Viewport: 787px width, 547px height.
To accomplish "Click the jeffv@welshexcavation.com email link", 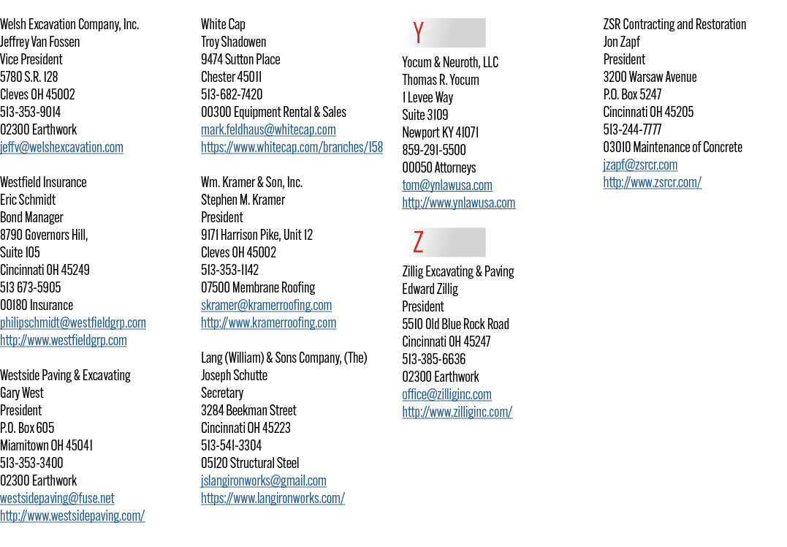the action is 61,147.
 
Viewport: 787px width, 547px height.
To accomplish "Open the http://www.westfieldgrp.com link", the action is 64,340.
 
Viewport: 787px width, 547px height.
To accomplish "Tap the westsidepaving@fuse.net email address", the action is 57,498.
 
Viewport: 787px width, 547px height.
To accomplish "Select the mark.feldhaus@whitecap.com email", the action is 268,129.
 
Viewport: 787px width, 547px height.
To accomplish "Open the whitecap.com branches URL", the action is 292,147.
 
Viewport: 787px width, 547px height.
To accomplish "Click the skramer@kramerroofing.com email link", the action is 267,305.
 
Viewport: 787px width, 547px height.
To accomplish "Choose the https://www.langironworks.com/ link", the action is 273,498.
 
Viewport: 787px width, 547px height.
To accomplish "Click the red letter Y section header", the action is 419,33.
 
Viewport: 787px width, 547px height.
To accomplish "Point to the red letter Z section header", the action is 419,242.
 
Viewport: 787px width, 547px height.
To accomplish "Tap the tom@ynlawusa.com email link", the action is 447,185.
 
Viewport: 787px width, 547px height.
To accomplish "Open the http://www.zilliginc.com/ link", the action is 457,412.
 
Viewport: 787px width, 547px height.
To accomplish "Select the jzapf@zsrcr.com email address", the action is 640,165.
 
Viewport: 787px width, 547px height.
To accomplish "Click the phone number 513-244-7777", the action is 632,129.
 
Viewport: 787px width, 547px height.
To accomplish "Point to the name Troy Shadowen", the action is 234,42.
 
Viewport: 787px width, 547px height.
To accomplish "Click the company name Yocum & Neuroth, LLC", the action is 450,62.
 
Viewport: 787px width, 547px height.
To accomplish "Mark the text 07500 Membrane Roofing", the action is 258,287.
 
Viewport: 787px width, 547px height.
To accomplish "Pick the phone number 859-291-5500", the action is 434,150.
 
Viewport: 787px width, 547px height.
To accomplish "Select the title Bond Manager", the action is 31,217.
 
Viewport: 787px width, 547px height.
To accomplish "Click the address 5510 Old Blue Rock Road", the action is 456,324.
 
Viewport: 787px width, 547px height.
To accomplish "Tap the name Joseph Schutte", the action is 235,375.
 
